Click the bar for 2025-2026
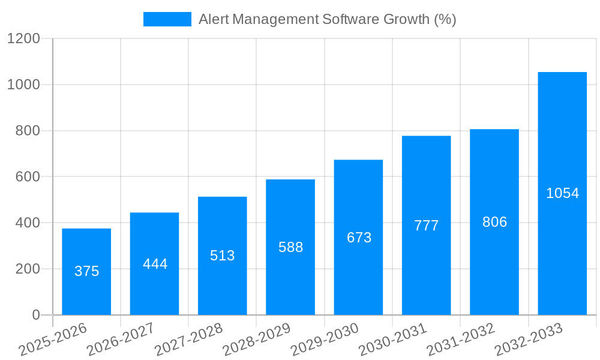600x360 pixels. pos(86,272)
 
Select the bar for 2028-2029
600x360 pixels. pos(290,247)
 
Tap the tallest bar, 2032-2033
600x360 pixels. pos(562,193)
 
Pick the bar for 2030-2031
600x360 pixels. pos(426,225)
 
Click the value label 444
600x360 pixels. pos(155,264)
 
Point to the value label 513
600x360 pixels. pos(223,256)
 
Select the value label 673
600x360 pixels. pos(359,238)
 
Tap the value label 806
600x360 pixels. pos(494,222)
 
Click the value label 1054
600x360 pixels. pos(562,193)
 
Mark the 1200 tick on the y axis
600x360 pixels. pos(23,38)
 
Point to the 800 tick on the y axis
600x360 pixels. pos(28,131)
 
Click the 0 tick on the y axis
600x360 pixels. pos(35,315)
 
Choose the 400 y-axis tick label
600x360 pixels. pos(28,223)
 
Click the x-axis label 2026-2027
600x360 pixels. pos(121,339)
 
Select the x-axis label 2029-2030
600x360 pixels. pos(325,339)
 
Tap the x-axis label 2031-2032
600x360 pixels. pos(461,339)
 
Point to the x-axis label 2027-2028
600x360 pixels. pos(189,339)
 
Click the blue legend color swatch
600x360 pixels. pos(167,19)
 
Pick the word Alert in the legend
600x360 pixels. pos(213,19)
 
